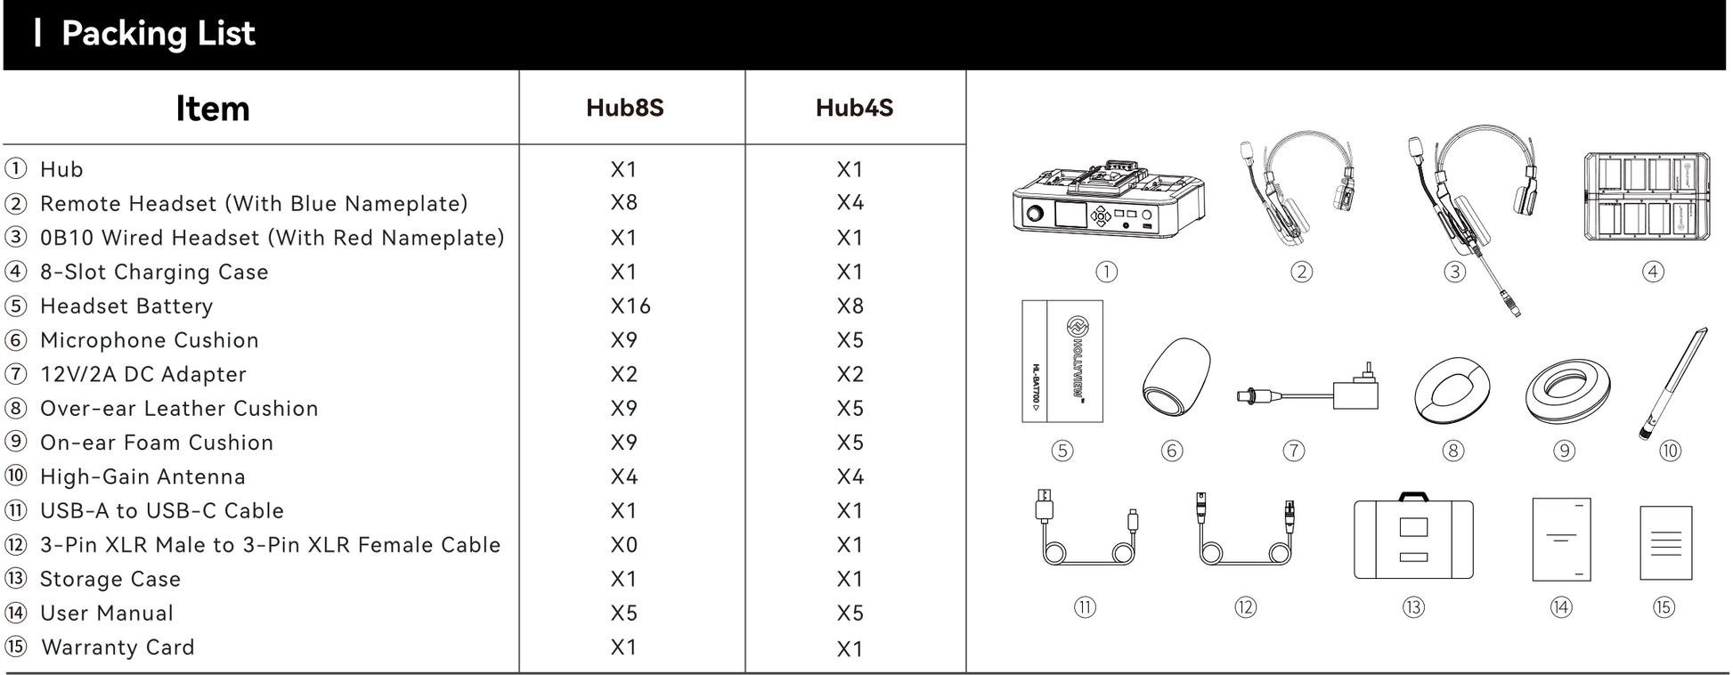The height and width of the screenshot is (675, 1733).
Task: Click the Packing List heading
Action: pos(158,34)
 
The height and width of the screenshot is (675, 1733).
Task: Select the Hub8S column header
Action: pos(624,108)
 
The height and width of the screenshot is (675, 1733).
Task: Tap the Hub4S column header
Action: pos(854,108)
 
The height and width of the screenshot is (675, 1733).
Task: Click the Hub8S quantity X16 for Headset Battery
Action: pos(631,306)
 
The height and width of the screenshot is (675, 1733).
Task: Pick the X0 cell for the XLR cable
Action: pos(623,545)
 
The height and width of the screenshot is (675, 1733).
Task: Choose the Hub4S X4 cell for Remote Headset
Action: pos(850,203)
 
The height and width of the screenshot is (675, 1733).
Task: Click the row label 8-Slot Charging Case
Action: pos(153,272)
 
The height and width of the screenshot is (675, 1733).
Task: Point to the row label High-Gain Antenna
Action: pos(142,477)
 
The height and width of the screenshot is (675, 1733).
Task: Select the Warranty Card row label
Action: pos(118,647)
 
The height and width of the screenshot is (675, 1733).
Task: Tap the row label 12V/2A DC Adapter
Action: pos(142,375)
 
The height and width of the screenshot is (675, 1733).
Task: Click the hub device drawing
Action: pos(1108,199)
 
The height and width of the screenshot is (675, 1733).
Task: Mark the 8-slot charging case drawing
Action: pos(1647,197)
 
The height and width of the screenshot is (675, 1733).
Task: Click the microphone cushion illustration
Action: pos(1176,378)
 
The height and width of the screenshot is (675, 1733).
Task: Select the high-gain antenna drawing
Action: pos(1672,383)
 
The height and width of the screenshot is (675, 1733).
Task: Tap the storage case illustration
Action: pos(1413,540)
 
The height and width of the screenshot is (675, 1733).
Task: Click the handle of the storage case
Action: pos(1413,496)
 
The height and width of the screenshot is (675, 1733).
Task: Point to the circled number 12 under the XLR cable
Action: pos(1245,607)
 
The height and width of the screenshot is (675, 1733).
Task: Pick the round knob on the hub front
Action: pos(1035,214)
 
